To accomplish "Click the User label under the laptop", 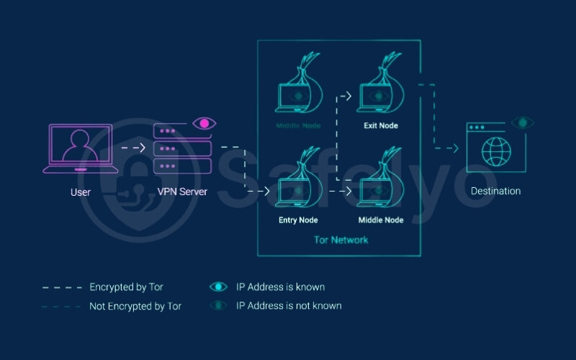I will click(x=80, y=192).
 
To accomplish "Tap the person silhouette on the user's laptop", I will click(x=80, y=147).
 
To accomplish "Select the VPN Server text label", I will click(x=182, y=192).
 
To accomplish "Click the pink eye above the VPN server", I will click(x=204, y=124).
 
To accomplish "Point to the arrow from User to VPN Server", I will click(x=133, y=148).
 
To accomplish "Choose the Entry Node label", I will click(x=298, y=220).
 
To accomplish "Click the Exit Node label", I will click(x=379, y=125).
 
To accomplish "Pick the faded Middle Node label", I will click(x=297, y=125).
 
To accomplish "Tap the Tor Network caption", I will click(x=341, y=240).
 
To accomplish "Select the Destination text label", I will click(x=495, y=192).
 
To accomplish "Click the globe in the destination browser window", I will click(x=496, y=152).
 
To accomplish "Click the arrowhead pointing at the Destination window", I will click(x=455, y=148).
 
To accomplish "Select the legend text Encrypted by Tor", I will click(x=126, y=287).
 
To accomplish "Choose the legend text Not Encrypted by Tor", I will click(x=135, y=306).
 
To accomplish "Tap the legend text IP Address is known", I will click(x=280, y=287).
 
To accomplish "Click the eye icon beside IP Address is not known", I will click(x=217, y=306).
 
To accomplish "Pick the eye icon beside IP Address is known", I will click(x=217, y=287).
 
